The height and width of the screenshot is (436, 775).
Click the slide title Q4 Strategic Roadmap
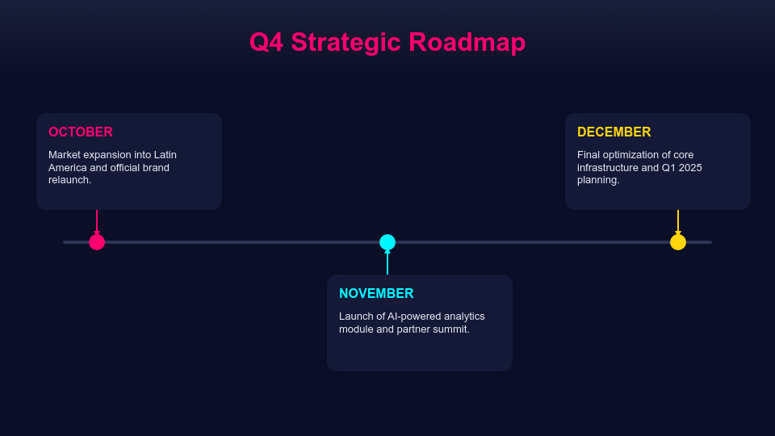coord(387,42)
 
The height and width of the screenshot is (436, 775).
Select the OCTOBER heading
coord(81,132)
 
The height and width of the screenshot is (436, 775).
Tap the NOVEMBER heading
coord(376,294)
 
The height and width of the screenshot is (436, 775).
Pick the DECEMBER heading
coord(614,132)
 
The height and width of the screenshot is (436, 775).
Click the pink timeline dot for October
coord(97,242)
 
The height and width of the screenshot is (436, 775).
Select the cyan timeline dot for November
coord(387,242)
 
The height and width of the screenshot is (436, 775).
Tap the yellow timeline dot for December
coord(678,242)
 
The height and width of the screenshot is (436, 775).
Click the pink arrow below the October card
coord(97,222)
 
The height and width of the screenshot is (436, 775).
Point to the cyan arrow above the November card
coord(387,262)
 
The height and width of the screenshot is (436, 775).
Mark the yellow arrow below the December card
coord(678,222)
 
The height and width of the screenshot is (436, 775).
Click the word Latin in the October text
coord(165,155)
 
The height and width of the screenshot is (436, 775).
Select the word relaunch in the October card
coord(69,180)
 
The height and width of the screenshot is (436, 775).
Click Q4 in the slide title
coord(266,42)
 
